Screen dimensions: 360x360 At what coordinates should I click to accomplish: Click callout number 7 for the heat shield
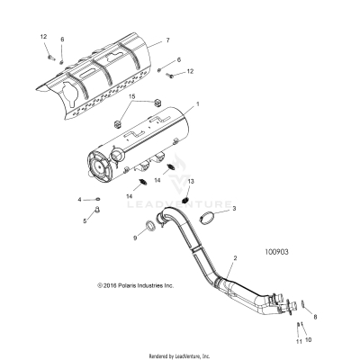click(x=166, y=42)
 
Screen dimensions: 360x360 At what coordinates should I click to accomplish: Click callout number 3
click(x=234, y=209)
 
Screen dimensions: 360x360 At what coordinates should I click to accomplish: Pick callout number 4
click(x=78, y=199)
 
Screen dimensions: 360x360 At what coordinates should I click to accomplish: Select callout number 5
click(x=86, y=220)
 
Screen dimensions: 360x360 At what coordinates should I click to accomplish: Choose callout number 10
click(x=309, y=340)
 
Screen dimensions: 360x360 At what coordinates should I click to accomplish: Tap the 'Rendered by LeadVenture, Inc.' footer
click(x=180, y=355)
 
